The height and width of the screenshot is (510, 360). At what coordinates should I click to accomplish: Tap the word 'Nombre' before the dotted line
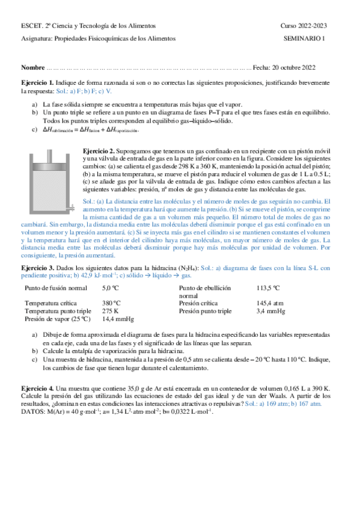tap(32, 67)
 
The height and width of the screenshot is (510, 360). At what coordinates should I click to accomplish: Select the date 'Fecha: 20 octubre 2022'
tap(284, 67)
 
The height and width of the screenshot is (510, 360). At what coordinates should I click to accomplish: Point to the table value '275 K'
tap(111, 311)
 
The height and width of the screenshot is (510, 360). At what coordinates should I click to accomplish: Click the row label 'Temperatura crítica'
tap(52, 303)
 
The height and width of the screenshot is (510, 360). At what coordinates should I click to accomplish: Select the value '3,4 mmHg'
tap(270, 311)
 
